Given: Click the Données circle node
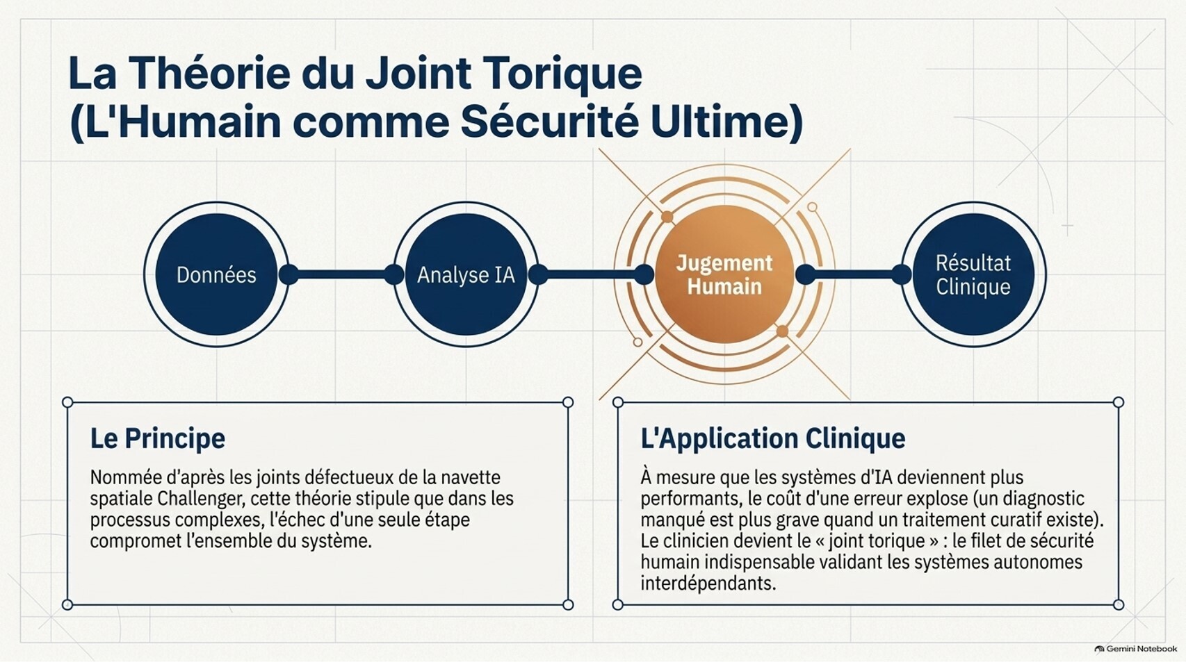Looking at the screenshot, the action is (x=216, y=274).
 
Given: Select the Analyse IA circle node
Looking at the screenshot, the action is (x=466, y=274).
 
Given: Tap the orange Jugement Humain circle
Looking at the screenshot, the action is (x=724, y=274).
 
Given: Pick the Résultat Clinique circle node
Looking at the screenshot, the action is (x=973, y=274).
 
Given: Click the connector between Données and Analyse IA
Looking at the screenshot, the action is (x=341, y=274).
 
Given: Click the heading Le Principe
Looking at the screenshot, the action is (x=158, y=439).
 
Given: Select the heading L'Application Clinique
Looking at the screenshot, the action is (x=773, y=439).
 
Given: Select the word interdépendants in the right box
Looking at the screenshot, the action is (x=708, y=584).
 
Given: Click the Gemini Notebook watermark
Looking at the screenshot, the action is (x=1136, y=649).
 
